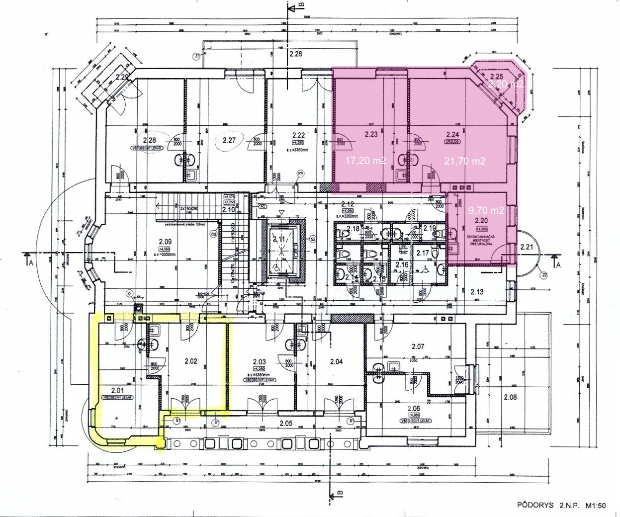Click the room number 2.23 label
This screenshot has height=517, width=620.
371,134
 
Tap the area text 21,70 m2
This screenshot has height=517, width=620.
464,161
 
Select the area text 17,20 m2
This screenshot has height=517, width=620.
366,161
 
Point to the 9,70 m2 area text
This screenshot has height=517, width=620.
487,210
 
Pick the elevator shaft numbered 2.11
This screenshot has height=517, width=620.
279,240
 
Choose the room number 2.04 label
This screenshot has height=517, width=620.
337,362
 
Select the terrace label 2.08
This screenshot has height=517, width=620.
510,397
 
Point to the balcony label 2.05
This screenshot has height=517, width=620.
285,424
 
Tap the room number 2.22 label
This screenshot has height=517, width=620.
298,135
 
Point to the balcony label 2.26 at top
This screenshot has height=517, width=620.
296,53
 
